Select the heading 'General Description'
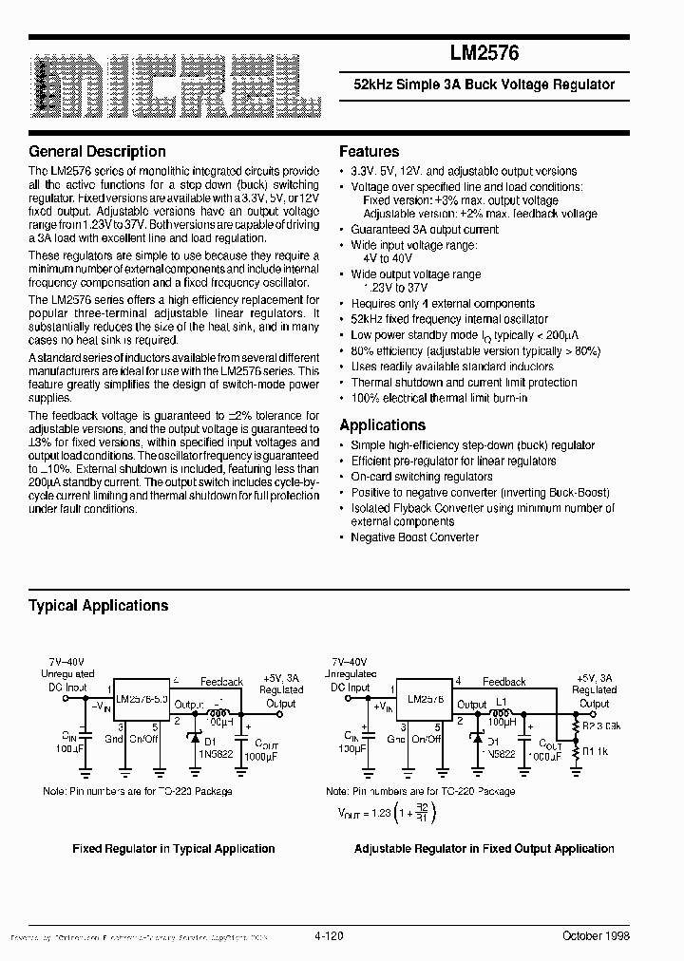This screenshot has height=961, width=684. pyautogui.click(x=97, y=152)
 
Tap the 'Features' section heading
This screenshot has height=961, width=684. pyautogui.click(x=369, y=152)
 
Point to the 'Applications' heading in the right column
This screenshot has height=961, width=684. pyautogui.click(x=382, y=425)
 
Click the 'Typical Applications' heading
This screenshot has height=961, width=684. pyautogui.click(x=98, y=606)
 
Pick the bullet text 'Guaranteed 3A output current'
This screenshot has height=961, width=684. pyautogui.click(x=424, y=230)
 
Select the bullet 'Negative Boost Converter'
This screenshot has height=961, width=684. pyautogui.click(x=414, y=537)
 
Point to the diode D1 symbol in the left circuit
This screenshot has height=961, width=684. pyautogui.click(x=195, y=737)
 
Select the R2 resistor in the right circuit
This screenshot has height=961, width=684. pyautogui.click(x=576, y=727)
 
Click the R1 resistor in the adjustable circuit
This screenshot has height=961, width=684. pyautogui.click(x=576, y=752)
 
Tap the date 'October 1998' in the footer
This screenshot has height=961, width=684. pyautogui.click(x=596, y=935)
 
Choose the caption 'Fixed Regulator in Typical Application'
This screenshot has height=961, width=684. pyautogui.click(x=174, y=849)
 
